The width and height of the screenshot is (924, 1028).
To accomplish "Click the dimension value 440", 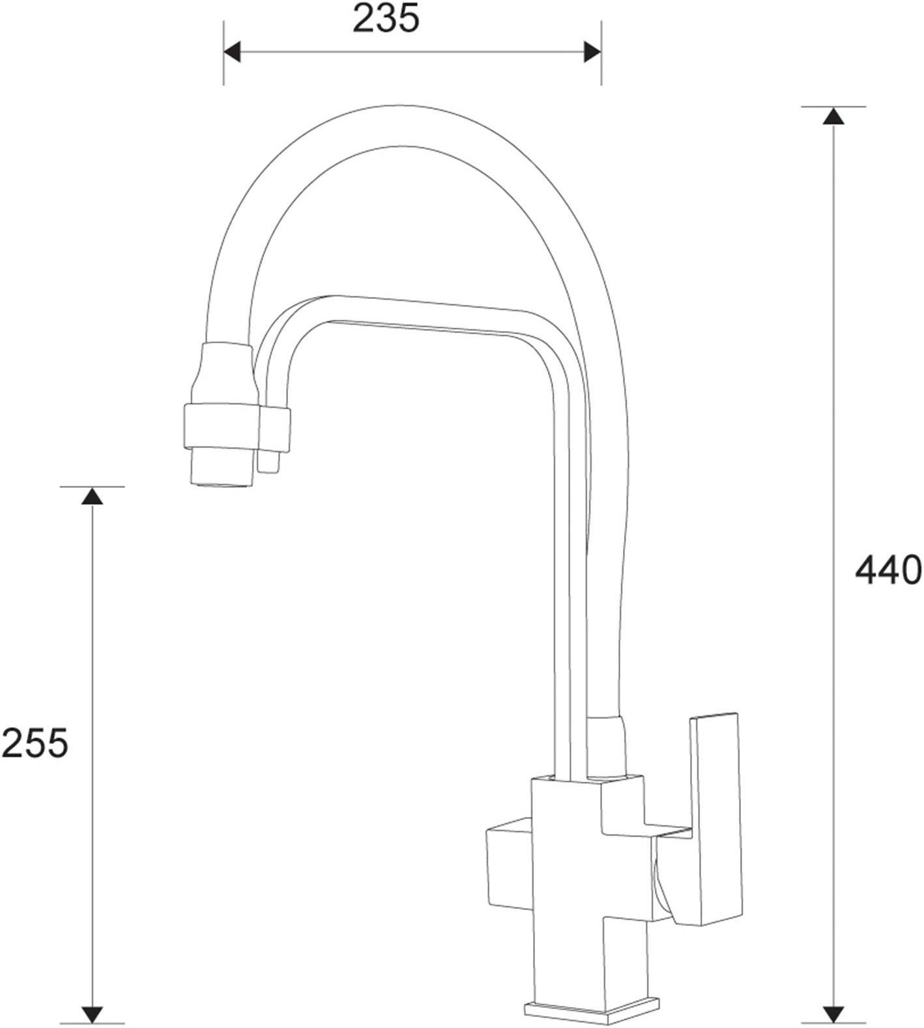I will (888, 570).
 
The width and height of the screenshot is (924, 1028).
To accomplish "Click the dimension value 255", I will (34, 743).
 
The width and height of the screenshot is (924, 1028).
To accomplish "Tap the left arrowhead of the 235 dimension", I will (232, 52).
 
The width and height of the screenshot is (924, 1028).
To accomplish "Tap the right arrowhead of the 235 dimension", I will (592, 52).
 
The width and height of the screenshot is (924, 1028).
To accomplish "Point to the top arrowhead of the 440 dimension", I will (832, 117).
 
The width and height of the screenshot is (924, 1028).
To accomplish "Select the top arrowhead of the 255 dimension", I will (92, 496).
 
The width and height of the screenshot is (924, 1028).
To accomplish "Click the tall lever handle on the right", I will (717, 814).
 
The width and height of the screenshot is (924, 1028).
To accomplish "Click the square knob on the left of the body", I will (509, 866).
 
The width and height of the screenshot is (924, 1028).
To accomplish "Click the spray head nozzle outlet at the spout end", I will (221, 468).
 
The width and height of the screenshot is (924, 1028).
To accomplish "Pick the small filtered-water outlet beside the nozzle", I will (268, 461).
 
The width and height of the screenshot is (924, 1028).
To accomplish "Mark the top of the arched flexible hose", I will (397, 125).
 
